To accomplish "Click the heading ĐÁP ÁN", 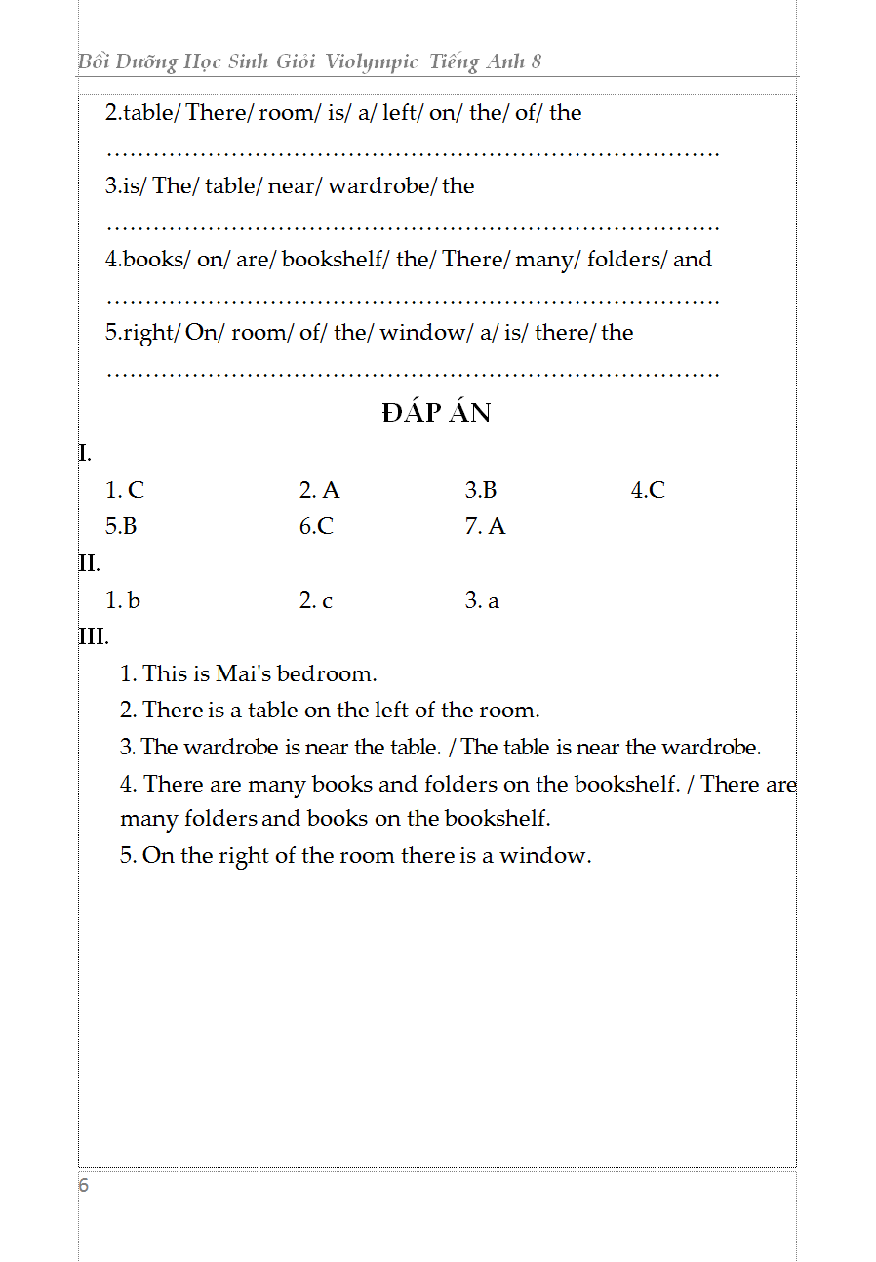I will (436, 413).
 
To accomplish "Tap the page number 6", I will (84, 1186).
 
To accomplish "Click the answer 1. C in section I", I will (125, 490).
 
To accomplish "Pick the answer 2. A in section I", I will (319, 490).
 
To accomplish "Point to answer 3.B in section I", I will (481, 490).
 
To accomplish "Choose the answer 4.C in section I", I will (648, 490).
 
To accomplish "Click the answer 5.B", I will (121, 526).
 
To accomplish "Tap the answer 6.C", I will (316, 526).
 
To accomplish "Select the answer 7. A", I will (485, 526).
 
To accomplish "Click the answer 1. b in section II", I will (123, 600).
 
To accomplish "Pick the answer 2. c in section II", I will (315, 600).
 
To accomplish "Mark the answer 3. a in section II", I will (482, 600).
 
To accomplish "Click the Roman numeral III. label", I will (94, 636).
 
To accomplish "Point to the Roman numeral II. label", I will (90, 563).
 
